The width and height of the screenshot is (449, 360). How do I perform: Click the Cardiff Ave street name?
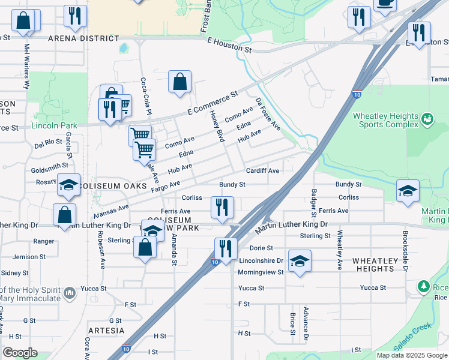point(262,171)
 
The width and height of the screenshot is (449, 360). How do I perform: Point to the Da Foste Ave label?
point(268,114)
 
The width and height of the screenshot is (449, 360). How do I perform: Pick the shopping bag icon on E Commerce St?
point(179,82)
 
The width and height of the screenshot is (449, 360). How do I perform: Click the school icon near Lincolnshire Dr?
point(300,262)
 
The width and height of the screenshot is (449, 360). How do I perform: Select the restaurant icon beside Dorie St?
point(226,248)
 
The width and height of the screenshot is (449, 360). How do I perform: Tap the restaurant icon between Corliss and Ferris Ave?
point(222,208)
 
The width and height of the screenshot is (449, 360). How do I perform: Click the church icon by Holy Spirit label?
point(70,293)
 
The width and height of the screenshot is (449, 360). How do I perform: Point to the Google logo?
point(19,353)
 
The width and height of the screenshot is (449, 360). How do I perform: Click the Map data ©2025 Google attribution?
point(412,355)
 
